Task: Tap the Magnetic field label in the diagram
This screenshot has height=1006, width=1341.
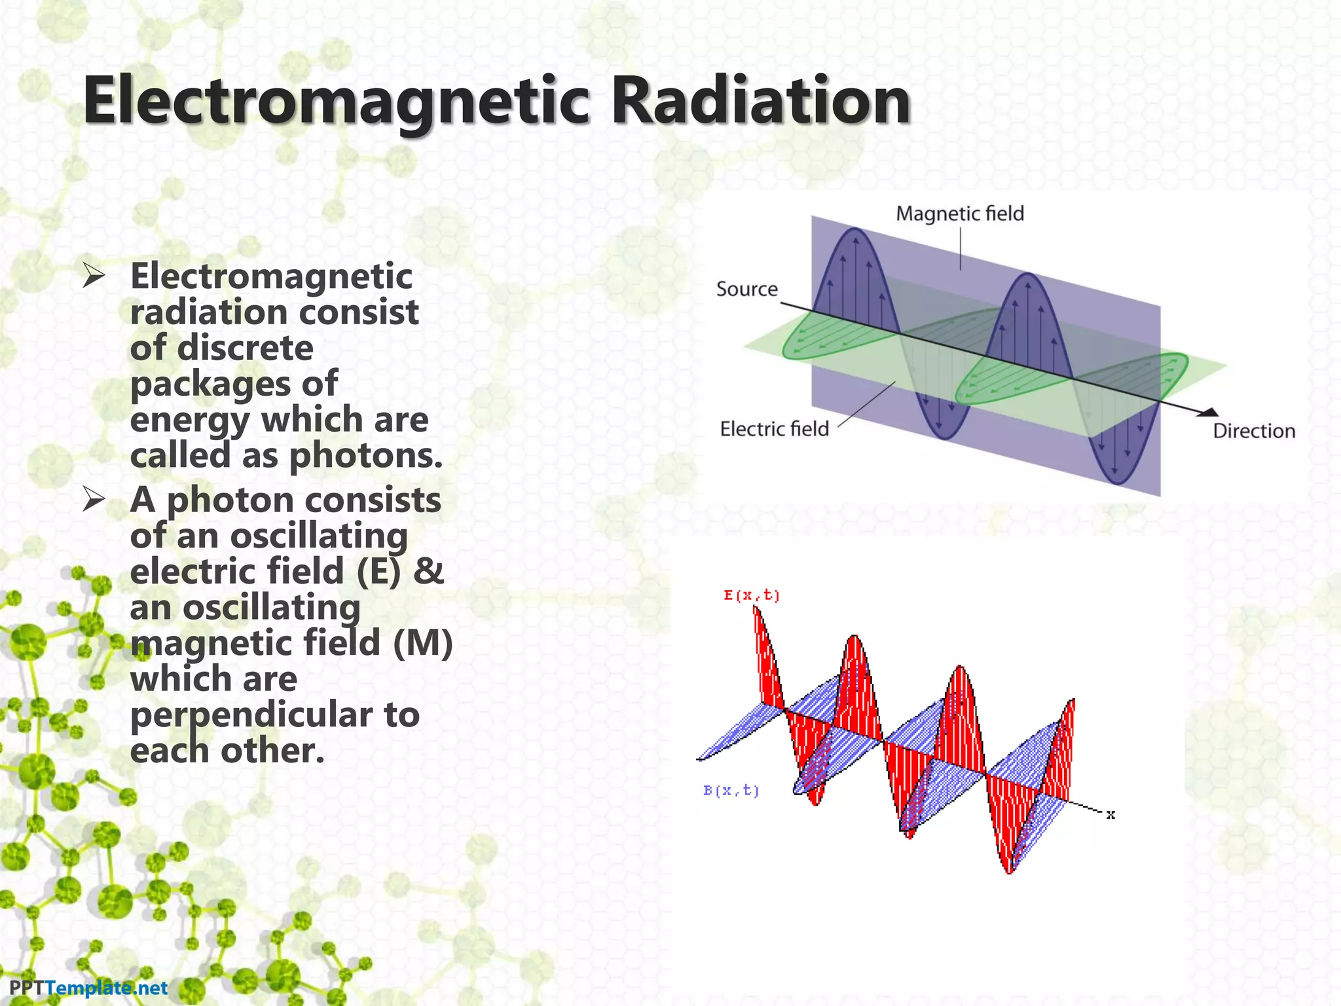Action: click(959, 214)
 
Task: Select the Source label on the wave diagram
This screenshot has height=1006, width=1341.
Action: click(746, 289)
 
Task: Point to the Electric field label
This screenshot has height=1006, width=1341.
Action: click(774, 429)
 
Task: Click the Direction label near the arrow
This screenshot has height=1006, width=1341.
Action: click(1254, 431)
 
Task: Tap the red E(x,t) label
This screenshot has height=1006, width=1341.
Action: click(751, 595)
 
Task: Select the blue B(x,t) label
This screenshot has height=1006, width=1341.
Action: click(731, 791)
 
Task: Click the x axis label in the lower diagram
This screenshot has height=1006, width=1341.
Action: click(1111, 815)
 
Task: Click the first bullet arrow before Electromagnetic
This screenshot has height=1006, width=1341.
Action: click(94, 276)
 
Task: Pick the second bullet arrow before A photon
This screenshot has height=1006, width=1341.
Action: click(94, 500)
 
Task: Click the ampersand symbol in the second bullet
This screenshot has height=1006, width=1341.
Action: click(429, 571)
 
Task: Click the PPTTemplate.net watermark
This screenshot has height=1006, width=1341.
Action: click(88, 988)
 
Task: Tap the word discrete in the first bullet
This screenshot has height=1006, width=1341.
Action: click(245, 348)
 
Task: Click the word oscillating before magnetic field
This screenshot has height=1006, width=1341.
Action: click(271, 607)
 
